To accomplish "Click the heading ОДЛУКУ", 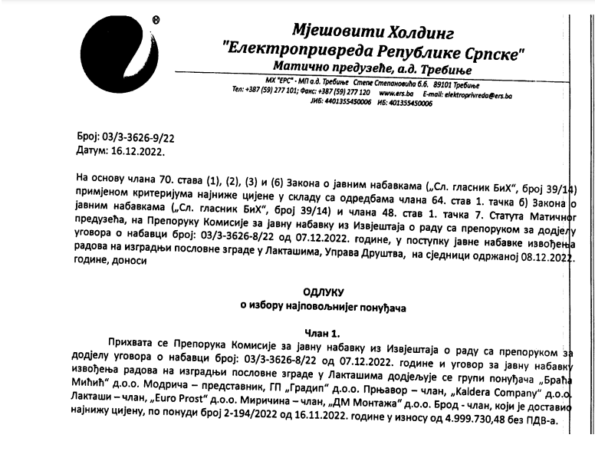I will coord(324,292).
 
